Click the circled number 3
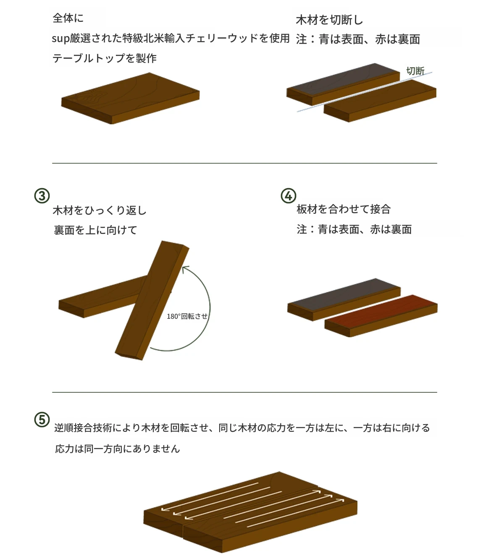click(42, 196)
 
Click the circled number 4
click(288, 196)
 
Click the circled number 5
click(42, 420)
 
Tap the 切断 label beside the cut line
click(415, 71)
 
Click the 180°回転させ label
click(187, 316)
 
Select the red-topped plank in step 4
click(381, 316)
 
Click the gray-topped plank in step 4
click(344, 299)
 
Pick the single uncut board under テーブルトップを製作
click(131, 98)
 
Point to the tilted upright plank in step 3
click(152, 300)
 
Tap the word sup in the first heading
click(60, 39)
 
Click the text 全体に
click(68, 18)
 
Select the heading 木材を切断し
click(330, 20)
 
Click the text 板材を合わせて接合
click(344, 209)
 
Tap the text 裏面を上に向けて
click(95, 230)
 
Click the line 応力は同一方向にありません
click(117, 449)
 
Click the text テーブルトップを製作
click(105, 58)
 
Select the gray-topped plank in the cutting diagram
click(343, 84)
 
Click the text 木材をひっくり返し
click(100, 210)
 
